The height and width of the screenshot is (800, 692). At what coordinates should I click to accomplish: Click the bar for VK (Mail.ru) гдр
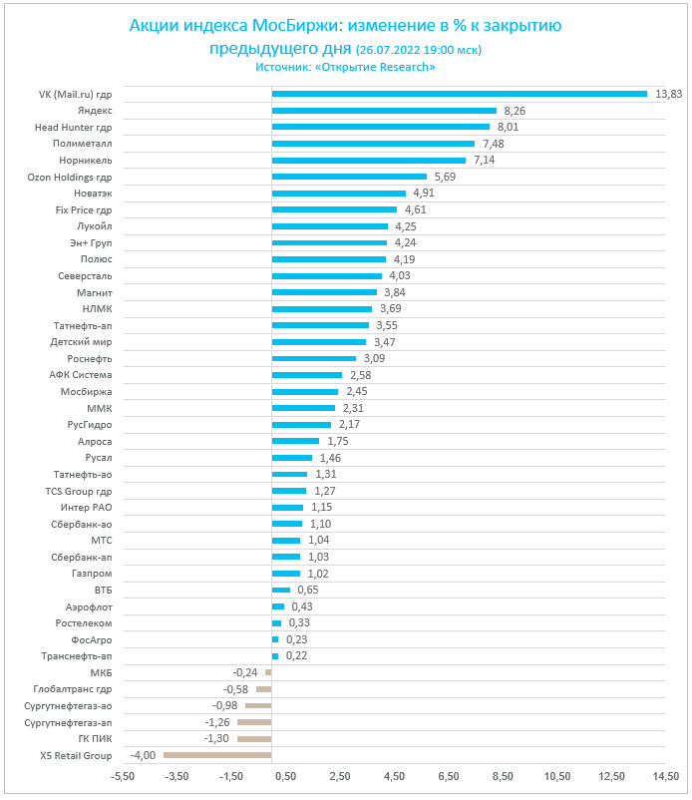(459, 94)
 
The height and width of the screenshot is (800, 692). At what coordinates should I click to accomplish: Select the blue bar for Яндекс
(384, 111)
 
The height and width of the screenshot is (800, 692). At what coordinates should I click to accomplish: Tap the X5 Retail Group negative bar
(217, 755)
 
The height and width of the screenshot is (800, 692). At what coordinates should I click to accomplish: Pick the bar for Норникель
(368, 160)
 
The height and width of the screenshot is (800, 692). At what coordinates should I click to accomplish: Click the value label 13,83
(669, 94)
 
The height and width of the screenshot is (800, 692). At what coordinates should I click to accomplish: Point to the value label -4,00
(144, 755)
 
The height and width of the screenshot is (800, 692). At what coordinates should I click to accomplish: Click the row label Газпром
(92, 574)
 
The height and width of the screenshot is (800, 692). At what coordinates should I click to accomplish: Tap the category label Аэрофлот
(89, 606)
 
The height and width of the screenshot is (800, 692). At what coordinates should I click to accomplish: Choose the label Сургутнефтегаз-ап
(68, 722)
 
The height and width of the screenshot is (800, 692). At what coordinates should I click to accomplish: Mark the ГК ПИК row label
(96, 738)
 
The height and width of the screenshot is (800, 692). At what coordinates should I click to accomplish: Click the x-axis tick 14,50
(665, 776)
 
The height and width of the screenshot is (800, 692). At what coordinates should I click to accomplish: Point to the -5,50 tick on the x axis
(123, 776)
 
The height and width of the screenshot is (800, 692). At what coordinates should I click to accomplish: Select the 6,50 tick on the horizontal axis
(448, 776)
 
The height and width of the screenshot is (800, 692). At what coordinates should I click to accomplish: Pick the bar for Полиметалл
(373, 144)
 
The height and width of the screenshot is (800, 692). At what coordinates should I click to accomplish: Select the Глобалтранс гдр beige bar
(263, 689)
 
